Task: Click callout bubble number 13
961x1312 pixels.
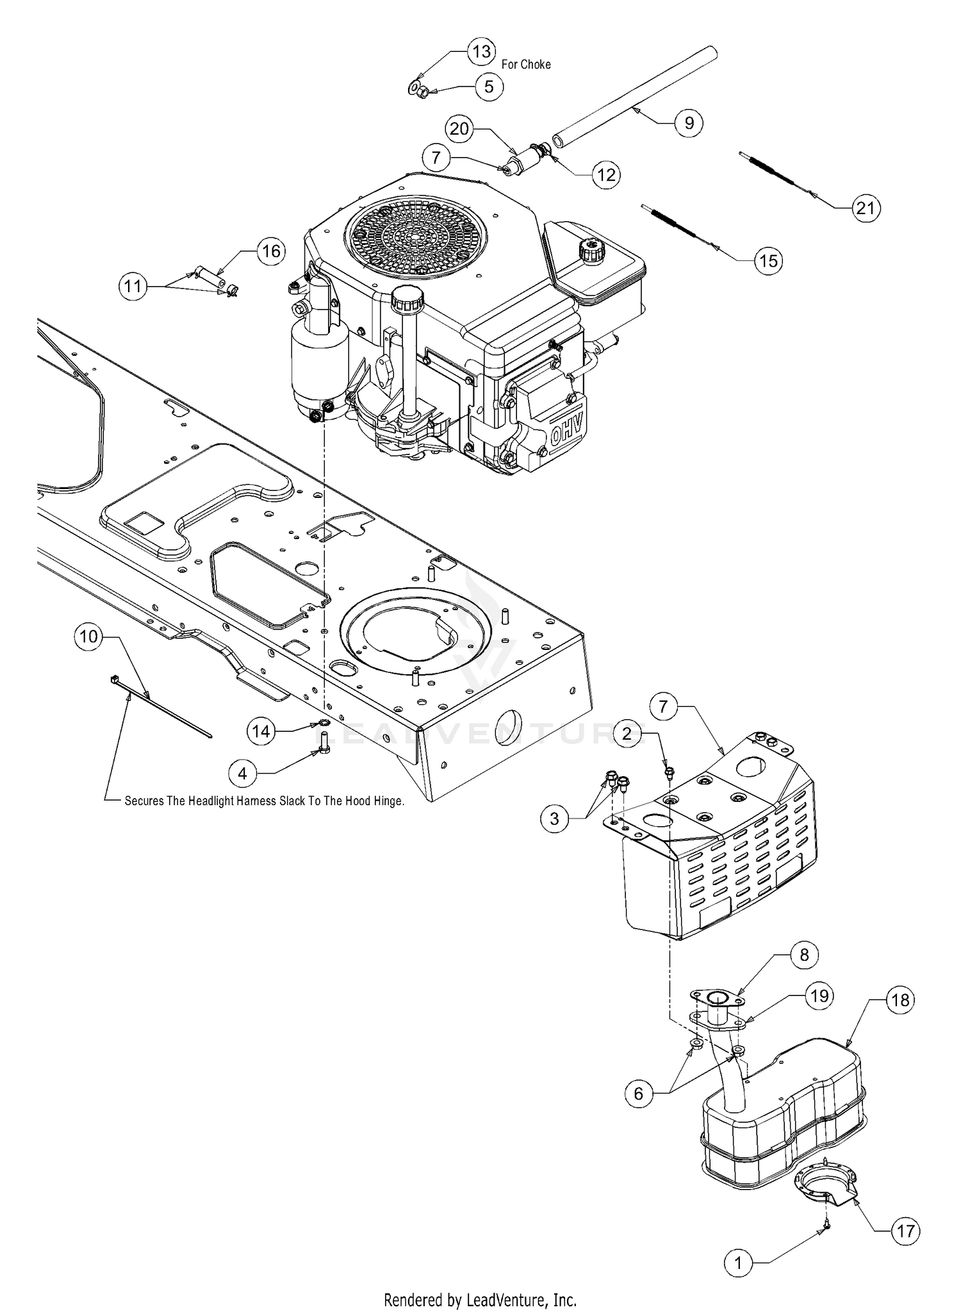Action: pyautogui.click(x=481, y=51)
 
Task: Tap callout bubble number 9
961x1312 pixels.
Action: pyautogui.click(x=689, y=122)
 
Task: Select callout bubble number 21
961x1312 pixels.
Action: pyautogui.click(x=865, y=208)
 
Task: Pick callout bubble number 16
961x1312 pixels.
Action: pyautogui.click(x=271, y=251)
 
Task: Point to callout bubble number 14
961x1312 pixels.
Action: pyautogui.click(x=261, y=731)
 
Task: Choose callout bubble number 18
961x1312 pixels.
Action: pyautogui.click(x=900, y=1000)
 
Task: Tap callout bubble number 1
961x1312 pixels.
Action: pyautogui.click(x=738, y=1263)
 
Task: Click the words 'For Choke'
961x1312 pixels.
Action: pyautogui.click(x=526, y=64)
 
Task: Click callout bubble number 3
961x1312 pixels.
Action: pyautogui.click(x=554, y=818)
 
